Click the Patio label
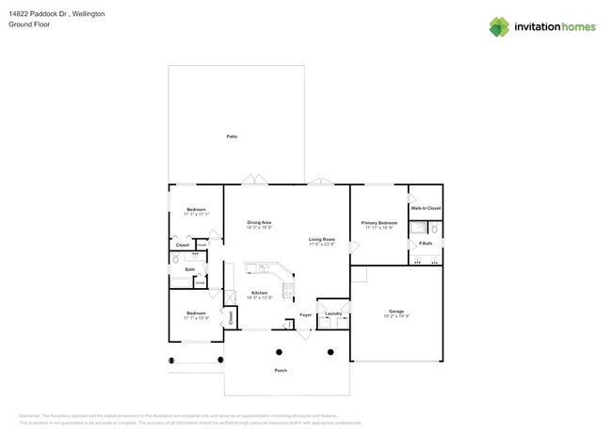coord(232,136)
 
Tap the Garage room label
coord(395,311)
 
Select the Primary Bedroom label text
coord(379,223)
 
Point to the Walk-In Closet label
coord(426,208)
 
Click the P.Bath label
coord(426,244)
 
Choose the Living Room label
coord(322,239)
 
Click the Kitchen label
coord(258,293)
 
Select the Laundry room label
coord(333,313)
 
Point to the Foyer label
coord(305,314)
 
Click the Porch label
coord(281,371)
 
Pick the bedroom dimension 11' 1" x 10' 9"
coord(196,318)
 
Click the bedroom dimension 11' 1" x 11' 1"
coord(196,215)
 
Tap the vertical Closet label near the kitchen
coord(231,318)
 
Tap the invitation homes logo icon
coord(499,27)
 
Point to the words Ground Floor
coord(28,25)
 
